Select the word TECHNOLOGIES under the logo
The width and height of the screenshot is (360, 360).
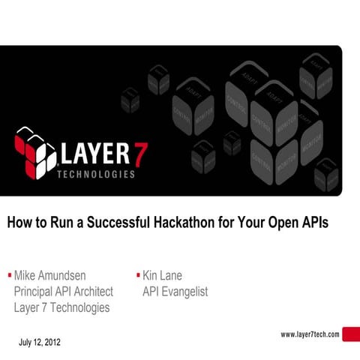click(97, 175)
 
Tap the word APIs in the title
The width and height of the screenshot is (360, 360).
click(312, 222)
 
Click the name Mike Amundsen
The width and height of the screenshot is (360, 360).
click(55, 275)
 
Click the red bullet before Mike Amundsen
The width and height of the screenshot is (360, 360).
click(9, 274)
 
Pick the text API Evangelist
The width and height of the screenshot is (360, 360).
click(175, 291)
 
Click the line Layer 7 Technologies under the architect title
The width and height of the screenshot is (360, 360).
click(61, 307)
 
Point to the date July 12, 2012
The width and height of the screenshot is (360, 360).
click(40, 343)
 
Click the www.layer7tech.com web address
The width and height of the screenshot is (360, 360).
click(310, 334)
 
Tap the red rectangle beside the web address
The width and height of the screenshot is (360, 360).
click(351, 335)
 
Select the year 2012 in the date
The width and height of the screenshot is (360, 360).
click(53, 343)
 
